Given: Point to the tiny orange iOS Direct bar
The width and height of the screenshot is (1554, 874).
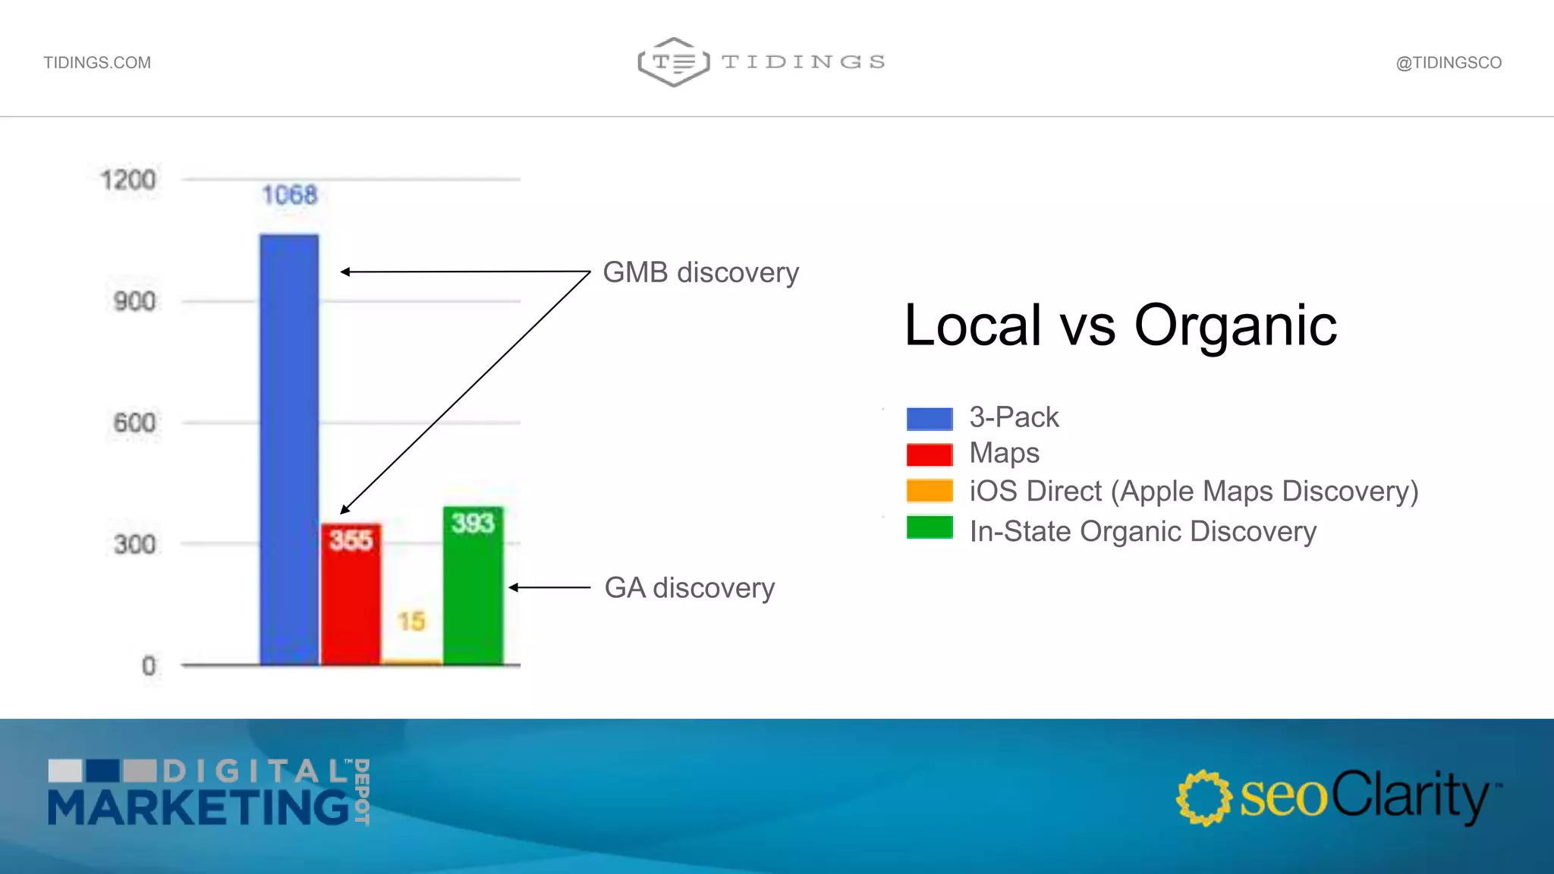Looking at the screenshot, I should [412, 662].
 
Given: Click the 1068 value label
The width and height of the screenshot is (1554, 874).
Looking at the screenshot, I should [289, 195].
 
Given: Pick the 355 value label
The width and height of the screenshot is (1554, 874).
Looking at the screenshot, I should [351, 540].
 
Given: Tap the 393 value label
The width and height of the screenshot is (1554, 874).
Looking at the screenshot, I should [473, 523].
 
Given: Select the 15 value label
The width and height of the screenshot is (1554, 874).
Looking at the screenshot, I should [412, 621].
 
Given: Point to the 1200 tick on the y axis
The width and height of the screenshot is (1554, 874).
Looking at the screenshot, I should [128, 180].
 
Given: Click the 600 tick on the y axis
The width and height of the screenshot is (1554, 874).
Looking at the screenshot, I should [134, 423].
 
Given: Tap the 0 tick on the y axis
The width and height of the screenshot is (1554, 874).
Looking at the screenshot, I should [149, 666].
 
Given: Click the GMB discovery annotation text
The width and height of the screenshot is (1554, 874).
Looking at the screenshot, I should [700, 272].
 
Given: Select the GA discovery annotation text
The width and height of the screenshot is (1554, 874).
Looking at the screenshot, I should [689, 588].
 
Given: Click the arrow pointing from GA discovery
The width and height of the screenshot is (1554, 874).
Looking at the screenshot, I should [549, 587].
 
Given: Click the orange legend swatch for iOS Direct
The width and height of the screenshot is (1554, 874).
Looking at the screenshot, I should [930, 491].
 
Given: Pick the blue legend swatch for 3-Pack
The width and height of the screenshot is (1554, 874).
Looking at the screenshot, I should [930, 418].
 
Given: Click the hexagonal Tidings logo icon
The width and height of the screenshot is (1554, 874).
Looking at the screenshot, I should [673, 62].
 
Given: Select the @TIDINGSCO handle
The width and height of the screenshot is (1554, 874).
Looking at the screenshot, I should [1449, 63].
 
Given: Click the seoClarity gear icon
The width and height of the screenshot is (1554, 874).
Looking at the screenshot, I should [1203, 797].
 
